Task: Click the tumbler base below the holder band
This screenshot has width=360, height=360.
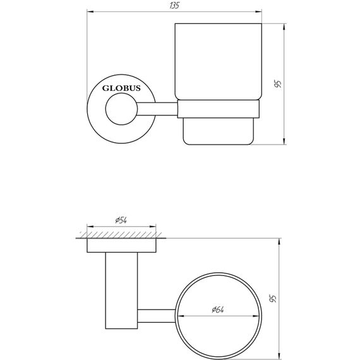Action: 218,132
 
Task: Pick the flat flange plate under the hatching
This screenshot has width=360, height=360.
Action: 122,246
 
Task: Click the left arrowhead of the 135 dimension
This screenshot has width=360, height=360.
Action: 89,11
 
